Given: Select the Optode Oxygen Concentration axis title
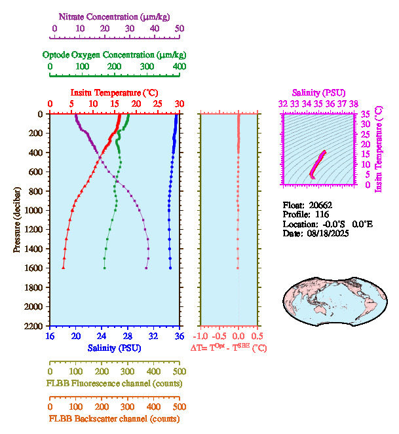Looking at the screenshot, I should (x=114, y=54).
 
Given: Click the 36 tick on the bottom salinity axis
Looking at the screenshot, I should (x=179, y=336).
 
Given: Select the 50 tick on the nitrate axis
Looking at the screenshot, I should (x=180, y=28).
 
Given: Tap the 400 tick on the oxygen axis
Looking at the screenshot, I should (x=179, y=67).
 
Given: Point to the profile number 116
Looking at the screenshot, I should (x=322, y=214).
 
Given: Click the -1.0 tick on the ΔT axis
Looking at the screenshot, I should (x=202, y=336).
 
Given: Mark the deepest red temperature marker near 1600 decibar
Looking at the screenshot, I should (x=64, y=268).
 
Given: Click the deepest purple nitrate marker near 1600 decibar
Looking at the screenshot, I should (x=146, y=268).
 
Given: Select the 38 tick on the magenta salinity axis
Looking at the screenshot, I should (x=354, y=103).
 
